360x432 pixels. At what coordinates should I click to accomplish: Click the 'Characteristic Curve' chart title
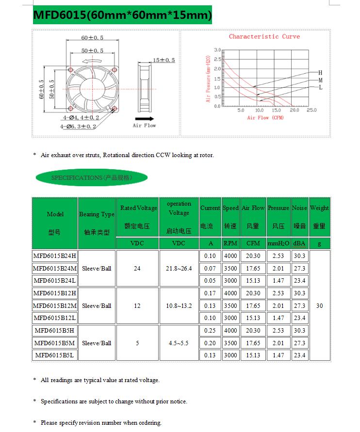pyautogui.click(x=264, y=36)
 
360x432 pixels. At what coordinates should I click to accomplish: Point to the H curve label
pyautogui.click(x=320, y=72)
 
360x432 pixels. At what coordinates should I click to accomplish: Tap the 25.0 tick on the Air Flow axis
pyautogui.click(x=311, y=111)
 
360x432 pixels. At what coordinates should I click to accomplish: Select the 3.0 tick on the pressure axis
pyautogui.click(x=217, y=50)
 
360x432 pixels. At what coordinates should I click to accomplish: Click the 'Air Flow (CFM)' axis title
pyautogui.click(x=265, y=118)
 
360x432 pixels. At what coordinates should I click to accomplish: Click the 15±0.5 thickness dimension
pyautogui.click(x=164, y=60)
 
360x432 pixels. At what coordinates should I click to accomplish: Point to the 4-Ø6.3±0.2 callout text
pyautogui.click(x=78, y=127)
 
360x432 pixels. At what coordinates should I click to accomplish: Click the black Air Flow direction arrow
pyautogui.click(x=145, y=118)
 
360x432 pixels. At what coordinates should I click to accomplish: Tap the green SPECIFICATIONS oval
pyautogui.click(x=92, y=178)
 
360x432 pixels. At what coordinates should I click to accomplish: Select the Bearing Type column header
pyautogui.click(x=97, y=214)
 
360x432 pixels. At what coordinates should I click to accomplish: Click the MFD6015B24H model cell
pyautogui.click(x=55, y=256)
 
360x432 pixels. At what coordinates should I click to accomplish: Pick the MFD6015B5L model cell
pyautogui.click(x=55, y=355)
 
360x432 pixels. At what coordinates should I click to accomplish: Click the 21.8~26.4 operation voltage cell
pyautogui.click(x=179, y=268)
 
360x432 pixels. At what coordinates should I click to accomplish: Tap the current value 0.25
pyautogui.click(x=210, y=331)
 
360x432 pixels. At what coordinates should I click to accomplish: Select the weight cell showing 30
pyautogui.click(x=319, y=306)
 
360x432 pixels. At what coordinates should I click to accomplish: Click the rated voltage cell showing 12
pyautogui.click(x=137, y=306)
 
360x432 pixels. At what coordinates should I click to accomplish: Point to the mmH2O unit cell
pyautogui.click(x=278, y=243)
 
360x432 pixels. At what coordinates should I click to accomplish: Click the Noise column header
pyautogui.click(x=299, y=208)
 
